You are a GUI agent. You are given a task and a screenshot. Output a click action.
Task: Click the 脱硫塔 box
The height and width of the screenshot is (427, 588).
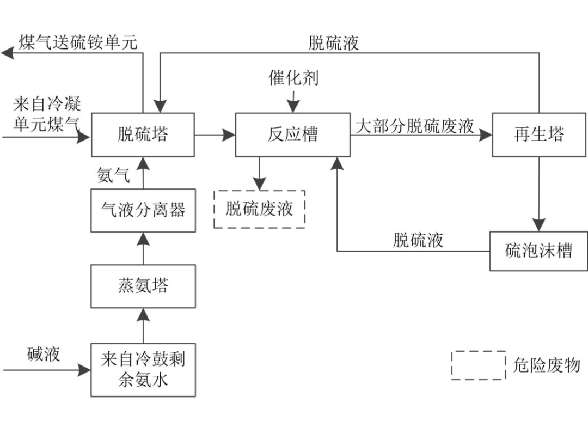[143, 135]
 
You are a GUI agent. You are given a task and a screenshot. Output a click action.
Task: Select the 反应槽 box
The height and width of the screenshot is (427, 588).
[292, 135]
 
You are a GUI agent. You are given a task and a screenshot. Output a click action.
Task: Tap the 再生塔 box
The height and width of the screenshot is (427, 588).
[538, 135]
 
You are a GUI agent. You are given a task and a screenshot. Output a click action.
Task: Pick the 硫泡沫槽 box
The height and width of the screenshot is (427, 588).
[538, 251]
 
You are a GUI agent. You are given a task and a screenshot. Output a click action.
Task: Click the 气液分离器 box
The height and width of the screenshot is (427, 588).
[143, 210]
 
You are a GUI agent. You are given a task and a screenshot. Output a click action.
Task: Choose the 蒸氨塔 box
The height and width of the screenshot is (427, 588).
[143, 286]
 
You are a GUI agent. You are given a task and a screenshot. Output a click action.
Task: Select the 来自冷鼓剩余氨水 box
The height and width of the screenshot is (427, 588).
[143, 370]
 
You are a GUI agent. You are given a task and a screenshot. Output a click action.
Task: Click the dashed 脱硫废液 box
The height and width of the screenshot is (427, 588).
[259, 209]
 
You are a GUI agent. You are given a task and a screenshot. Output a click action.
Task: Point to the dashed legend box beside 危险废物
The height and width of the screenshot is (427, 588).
[478, 365]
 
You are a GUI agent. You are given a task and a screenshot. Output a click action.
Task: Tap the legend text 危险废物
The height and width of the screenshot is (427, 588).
[546, 365]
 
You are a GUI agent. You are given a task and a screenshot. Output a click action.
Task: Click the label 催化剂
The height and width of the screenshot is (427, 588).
[293, 78]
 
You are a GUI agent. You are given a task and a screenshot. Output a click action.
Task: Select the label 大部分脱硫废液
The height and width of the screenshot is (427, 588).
[415, 126]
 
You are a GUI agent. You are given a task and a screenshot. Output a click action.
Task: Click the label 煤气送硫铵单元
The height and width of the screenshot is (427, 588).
[78, 42]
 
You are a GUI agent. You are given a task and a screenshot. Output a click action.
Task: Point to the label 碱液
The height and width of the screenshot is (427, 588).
[44, 355]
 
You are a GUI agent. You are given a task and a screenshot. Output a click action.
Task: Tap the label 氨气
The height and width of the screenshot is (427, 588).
[113, 175]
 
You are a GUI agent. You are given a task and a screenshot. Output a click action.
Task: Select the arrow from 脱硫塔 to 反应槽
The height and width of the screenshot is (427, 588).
[215, 135]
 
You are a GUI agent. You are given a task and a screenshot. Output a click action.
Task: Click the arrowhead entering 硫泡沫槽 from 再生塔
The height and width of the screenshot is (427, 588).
[538, 224]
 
